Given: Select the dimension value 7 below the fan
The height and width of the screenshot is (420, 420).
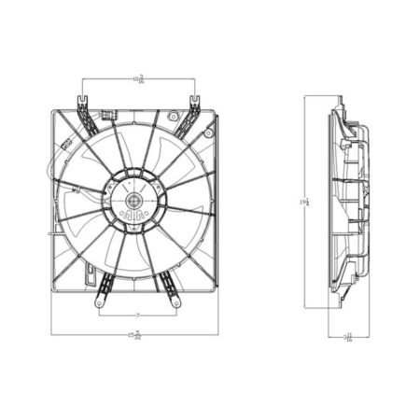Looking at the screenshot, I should pos(137,314).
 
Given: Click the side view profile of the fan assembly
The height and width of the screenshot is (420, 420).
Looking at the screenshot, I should pos(347,201).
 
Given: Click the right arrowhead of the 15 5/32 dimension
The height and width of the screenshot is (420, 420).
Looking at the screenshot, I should pos(217,334).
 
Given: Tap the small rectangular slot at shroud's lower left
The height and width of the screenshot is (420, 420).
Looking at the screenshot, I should pos(88,275).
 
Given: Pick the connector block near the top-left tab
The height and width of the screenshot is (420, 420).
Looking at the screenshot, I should pos(107,118).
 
